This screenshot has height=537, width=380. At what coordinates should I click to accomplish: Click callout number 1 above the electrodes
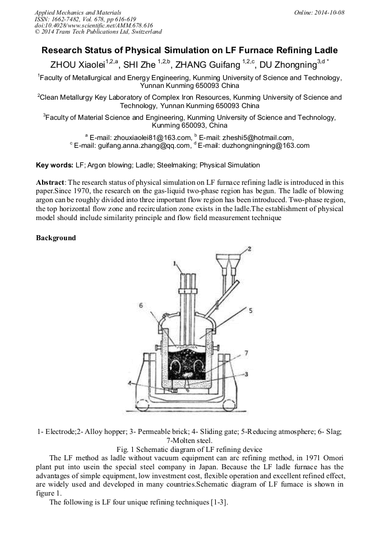tap(174, 262)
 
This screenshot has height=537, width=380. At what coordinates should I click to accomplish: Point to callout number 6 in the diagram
tap(142, 305)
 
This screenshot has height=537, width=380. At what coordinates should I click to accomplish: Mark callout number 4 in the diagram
tap(129, 384)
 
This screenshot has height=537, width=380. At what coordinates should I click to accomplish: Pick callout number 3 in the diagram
tap(246, 373)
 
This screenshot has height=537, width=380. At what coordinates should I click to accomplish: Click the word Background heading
tap(56, 238)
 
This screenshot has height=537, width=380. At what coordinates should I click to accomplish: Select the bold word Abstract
tap(50, 183)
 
